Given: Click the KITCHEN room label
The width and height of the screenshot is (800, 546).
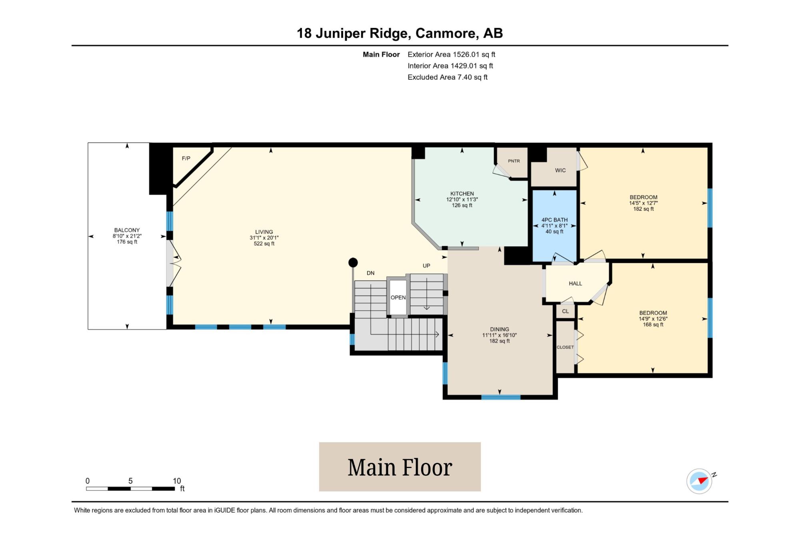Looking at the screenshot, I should pos(462,193).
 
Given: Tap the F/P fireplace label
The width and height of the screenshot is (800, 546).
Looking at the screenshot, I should pos(186,158).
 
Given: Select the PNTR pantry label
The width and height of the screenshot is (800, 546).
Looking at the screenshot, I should pos(514,161).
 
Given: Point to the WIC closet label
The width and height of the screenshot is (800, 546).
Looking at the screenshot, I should pos(560,170).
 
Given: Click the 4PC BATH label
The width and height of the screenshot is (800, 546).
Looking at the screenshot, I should pos(554,220).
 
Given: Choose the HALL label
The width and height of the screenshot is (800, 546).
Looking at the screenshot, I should pos(575,283).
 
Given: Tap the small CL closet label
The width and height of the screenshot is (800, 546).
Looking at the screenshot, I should pos(565,311).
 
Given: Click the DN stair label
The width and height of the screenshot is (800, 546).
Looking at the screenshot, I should pos(370,273).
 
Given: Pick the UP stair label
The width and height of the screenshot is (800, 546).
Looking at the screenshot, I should pos(426,266).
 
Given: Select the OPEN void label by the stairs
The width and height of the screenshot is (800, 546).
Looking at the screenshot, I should pos(398,297).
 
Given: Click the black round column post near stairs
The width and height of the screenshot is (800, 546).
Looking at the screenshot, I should pos(353,263).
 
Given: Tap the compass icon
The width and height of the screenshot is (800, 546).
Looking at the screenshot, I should pos(700,481).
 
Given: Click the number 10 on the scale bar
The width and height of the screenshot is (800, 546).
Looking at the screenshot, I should pos(177,481).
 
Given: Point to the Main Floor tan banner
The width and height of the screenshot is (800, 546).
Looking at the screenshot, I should pos(400,467).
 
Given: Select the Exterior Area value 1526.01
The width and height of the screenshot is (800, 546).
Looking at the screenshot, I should pos(466,54).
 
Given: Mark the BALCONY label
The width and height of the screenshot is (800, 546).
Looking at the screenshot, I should pos(127,230).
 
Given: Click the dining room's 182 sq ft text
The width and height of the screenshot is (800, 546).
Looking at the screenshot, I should pos(500,341).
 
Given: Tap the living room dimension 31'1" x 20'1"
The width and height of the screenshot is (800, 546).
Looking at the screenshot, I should pos(264,238).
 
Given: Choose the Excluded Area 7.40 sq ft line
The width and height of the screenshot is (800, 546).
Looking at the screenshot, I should pos(448,77).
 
